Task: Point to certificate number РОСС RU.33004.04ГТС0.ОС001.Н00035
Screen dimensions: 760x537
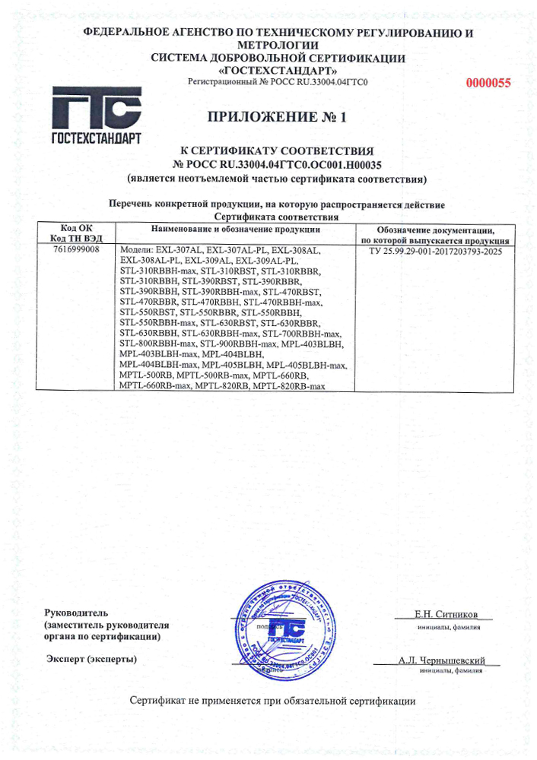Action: (277, 163)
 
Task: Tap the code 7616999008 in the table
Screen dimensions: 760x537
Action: (78, 249)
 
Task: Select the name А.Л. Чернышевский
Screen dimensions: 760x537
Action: (442, 660)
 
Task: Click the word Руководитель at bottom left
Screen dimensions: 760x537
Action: (78, 613)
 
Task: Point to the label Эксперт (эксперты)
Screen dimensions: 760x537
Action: (92, 657)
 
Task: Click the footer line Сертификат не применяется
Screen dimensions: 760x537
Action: (272, 699)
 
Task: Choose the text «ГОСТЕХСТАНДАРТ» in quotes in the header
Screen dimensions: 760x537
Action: (278, 70)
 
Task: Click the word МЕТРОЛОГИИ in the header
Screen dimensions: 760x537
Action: (278, 46)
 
